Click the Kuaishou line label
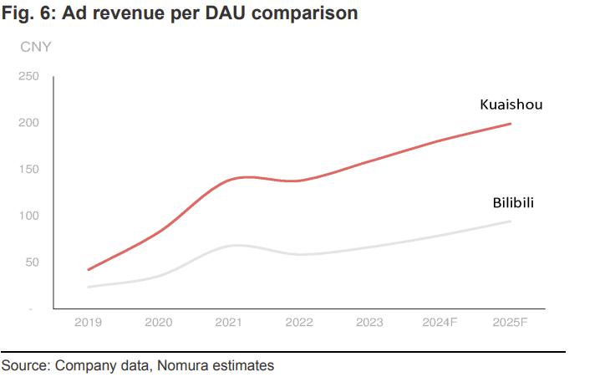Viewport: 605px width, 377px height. tap(511, 104)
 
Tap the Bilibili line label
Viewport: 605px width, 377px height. tap(513, 203)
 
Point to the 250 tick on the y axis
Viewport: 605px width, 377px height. tap(28, 77)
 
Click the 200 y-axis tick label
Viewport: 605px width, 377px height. tap(28, 123)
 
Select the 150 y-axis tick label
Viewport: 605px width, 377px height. tap(28, 170)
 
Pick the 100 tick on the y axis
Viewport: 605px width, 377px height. tap(28, 216)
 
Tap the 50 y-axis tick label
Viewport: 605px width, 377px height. tap(32, 262)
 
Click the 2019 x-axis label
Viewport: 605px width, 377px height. tap(89, 322)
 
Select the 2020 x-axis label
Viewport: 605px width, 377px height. tap(159, 322)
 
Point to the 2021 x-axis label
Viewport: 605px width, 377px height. tap(229, 322)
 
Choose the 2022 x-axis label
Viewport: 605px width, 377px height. tap(299, 322)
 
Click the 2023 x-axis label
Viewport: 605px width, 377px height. tap(369, 322)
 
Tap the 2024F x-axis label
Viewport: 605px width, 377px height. tap(440, 322)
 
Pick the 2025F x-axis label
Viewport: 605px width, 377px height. tap(510, 322)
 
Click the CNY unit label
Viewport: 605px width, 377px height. tap(36, 47)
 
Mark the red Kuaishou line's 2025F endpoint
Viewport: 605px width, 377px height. tap(511, 124)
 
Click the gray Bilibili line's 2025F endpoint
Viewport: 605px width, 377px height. tap(511, 221)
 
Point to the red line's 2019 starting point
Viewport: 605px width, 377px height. tap(88, 270)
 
